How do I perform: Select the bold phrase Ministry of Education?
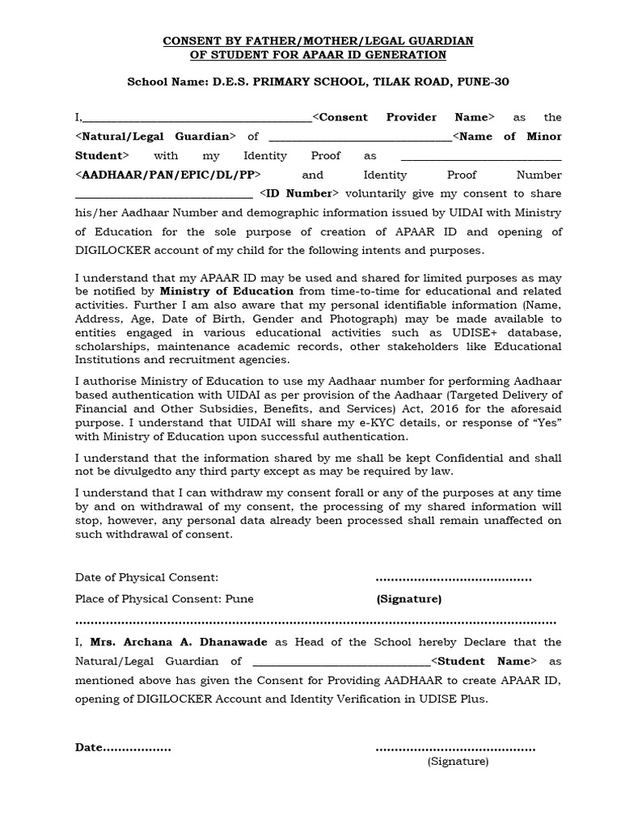(x=226, y=290)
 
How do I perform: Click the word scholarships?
(x=107, y=346)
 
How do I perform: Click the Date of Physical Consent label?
(x=146, y=577)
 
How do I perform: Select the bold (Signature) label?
(x=408, y=599)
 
